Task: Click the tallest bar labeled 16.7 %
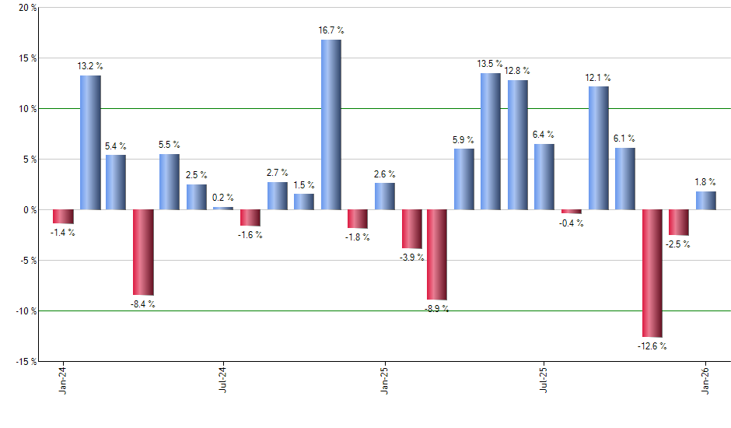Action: coord(331,125)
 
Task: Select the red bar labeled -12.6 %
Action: coord(652,272)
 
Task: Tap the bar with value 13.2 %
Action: coord(89,142)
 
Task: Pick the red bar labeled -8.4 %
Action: coord(143,252)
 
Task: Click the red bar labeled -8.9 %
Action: coord(437,254)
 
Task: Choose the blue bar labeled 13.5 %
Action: coord(491,141)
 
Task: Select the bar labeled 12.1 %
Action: coord(598,148)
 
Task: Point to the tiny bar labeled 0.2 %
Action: coord(223,209)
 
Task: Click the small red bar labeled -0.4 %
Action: coord(572,212)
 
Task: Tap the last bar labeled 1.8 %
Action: coord(705,201)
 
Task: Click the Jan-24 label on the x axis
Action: coord(62,381)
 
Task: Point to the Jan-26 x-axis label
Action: coord(705,381)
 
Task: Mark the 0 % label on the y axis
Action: coord(29,210)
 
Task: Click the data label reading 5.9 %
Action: coord(464,140)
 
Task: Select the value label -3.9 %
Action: coord(411,257)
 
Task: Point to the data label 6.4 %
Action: coord(544,135)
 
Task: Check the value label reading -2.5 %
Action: coord(678,244)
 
